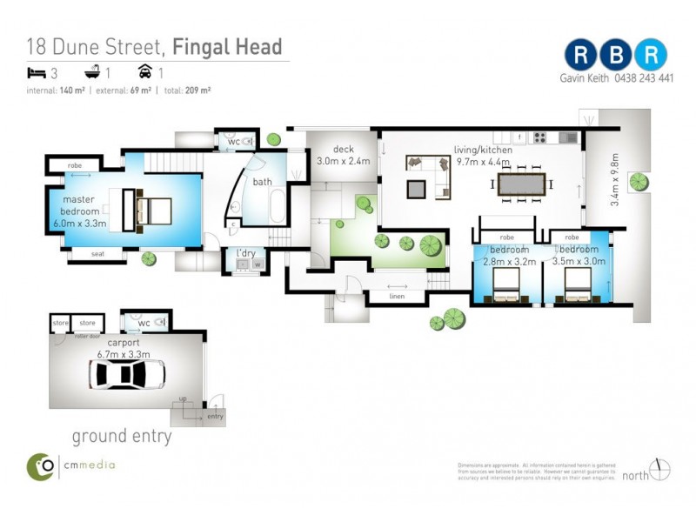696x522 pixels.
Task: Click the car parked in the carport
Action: point(128,375)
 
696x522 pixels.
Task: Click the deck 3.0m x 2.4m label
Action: point(343,155)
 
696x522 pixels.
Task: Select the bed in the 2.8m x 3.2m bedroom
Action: point(505,284)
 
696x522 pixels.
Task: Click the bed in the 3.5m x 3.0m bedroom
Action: point(579,284)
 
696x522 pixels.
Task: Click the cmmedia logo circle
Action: point(40,466)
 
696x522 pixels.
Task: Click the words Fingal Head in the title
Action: point(227,46)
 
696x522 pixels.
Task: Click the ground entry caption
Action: point(121,436)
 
